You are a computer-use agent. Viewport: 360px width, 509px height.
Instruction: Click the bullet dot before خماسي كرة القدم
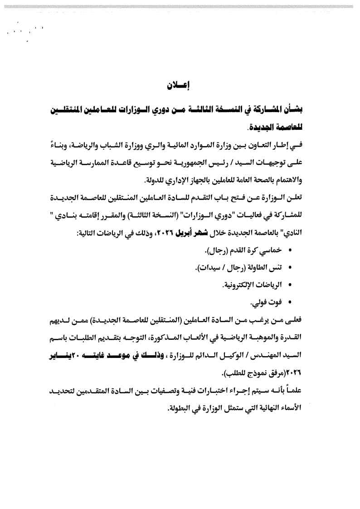pos(289,250)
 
